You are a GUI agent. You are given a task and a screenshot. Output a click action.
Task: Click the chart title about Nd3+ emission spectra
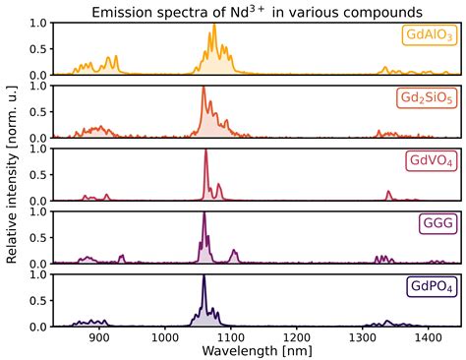click(x=246, y=11)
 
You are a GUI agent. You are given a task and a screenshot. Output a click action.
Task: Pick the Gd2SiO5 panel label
click(x=425, y=99)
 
